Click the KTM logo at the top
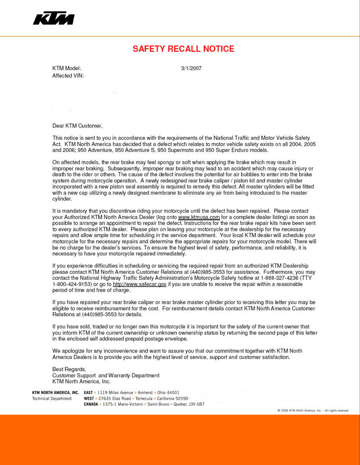54,18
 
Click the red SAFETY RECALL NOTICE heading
183,49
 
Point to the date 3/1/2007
191,68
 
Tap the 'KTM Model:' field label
67,68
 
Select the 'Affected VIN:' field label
68,76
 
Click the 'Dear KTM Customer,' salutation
77,126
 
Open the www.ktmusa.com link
199,217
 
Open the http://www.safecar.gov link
139,284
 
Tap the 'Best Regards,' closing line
69,369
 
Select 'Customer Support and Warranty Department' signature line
106,375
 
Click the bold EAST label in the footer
88,393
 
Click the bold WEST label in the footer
89,398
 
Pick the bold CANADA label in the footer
91,404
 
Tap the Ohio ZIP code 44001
171,393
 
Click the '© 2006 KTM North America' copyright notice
313,411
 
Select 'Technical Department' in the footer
52,398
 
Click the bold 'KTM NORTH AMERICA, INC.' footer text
55,393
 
